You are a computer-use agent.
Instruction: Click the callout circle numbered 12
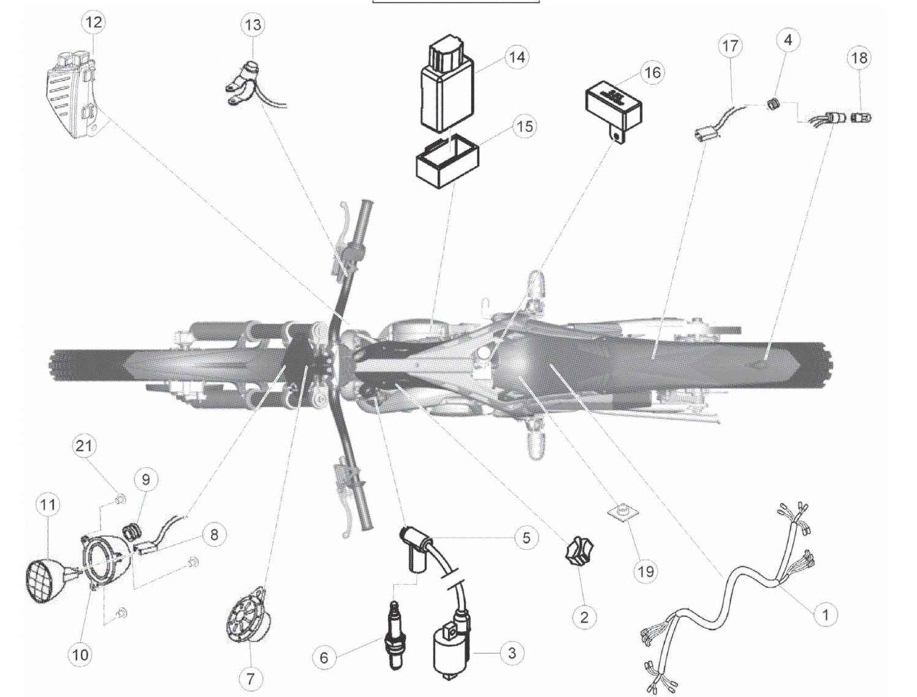pos(93,21)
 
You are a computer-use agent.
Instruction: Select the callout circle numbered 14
pos(517,57)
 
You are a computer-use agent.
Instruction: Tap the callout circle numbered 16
pos(653,72)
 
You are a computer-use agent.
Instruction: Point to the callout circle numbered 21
pos(83,445)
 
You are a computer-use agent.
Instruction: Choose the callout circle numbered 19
pos(646,571)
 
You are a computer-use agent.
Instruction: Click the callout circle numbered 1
pos(826,615)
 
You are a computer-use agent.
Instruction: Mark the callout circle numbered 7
pos(250,679)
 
